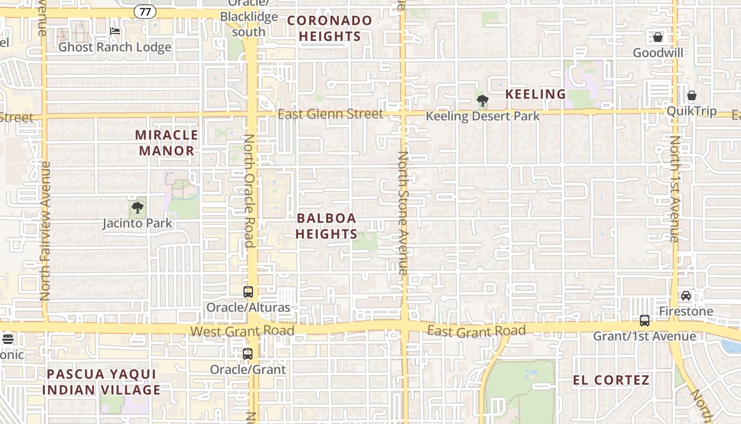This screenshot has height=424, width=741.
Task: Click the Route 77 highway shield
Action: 144,11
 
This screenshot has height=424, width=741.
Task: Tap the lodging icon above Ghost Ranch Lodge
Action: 115,31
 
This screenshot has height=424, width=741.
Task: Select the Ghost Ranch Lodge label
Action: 115,47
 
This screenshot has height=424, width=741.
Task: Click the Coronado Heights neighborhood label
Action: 330,29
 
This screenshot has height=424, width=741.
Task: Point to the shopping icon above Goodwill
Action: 658,37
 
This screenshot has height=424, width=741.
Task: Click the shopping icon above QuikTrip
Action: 691,95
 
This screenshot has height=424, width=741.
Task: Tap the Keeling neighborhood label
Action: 536,94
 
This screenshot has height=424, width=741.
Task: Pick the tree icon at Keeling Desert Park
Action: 482,100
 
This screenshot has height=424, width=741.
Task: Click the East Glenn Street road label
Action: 330,114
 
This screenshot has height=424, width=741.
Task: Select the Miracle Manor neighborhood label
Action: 167,143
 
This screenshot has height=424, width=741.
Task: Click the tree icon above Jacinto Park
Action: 138,207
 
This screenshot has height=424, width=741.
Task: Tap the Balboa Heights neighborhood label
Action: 327,226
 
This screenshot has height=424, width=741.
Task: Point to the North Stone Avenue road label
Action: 403,213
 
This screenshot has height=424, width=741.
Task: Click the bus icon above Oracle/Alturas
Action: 248,291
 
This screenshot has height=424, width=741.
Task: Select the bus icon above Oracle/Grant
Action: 248,354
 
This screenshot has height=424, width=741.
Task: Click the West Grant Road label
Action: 242,331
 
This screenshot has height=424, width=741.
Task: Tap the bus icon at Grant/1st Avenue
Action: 645,320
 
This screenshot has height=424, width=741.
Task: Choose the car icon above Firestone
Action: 686,296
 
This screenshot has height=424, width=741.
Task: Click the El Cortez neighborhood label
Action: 611,380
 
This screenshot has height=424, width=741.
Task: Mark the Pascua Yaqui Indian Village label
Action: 101,382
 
